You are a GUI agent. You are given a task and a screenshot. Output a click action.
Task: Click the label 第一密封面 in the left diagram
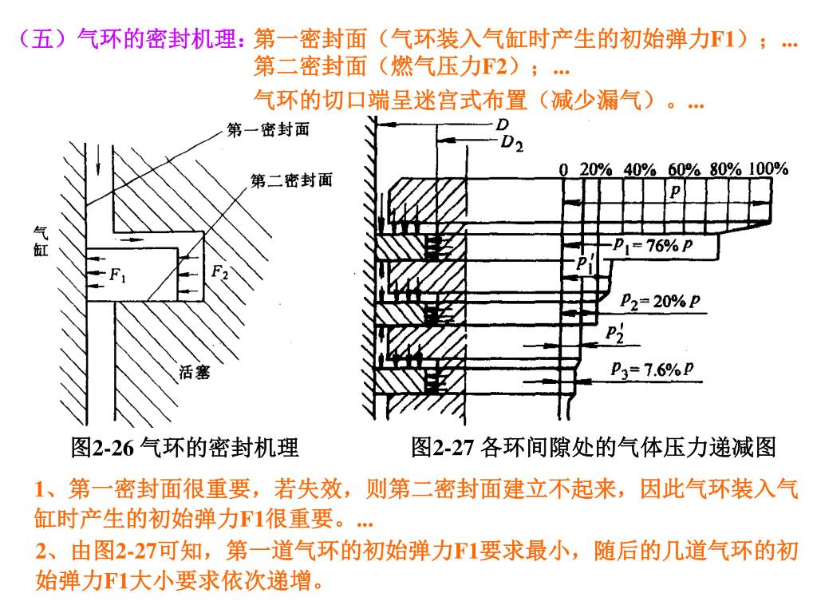coord(268,130)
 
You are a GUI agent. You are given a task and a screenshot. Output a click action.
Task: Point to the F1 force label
coord(117,276)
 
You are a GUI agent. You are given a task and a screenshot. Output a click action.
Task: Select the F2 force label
coord(219,272)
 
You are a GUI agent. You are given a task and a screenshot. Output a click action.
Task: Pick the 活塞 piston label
coord(194,372)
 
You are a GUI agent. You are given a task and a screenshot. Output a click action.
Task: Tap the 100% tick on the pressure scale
coord(768,169)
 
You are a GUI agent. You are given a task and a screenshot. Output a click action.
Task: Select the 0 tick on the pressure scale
coord(564,169)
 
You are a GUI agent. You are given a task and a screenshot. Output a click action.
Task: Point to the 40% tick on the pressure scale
coord(639,169)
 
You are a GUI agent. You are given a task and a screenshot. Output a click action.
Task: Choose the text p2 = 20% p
coord(661,301)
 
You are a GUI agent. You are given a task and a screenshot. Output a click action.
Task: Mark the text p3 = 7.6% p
coord(652,369)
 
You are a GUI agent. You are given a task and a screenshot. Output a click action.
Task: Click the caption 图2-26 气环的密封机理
coord(184,448)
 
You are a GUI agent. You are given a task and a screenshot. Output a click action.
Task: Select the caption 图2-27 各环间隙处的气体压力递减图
coord(593,448)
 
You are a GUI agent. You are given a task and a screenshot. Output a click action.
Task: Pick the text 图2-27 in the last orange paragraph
coord(126,552)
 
